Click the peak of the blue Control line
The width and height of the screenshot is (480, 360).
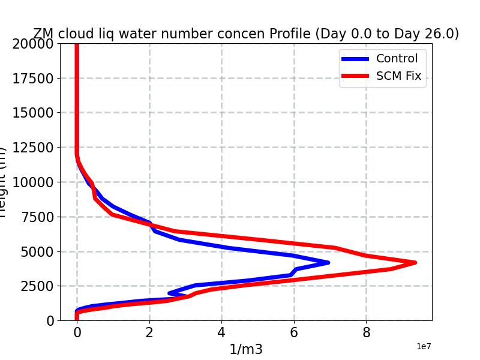[x=328, y=262]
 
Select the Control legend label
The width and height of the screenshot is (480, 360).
[x=397, y=59]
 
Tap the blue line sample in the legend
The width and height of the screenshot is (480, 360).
[x=355, y=59]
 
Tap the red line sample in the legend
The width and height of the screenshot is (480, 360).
[x=355, y=76]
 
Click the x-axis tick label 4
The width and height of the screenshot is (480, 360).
[x=221, y=332]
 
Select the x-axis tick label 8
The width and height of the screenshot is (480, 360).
[x=366, y=332]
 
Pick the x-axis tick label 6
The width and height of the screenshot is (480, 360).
[x=294, y=332]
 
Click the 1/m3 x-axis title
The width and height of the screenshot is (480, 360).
[x=246, y=349]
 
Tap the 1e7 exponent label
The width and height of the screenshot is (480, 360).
[x=424, y=347]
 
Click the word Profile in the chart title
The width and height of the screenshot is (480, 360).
[x=289, y=34]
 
